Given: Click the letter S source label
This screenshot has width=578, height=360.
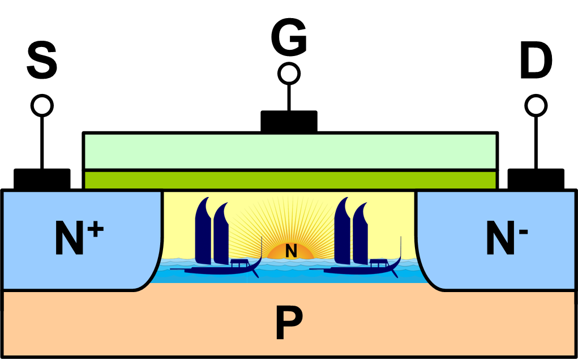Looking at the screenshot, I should pyautogui.click(x=42, y=63).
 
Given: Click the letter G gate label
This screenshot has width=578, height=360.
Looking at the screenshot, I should pyautogui.click(x=289, y=38).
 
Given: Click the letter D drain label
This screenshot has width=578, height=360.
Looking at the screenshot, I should pyautogui.click(x=536, y=63).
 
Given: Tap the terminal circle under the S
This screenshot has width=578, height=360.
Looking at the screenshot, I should pyautogui.click(x=42, y=105).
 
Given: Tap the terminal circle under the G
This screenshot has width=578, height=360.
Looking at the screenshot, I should pyautogui.click(x=289, y=74).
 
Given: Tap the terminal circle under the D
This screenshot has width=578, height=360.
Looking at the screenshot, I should pyautogui.click(x=536, y=105).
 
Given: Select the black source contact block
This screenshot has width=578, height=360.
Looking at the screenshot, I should pyautogui.click(x=42, y=179).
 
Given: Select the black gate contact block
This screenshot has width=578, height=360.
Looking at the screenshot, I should pyautogui.click(x=289, y=121).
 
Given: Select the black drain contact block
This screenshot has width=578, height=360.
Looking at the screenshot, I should pyautogui.click(x=536, y=179).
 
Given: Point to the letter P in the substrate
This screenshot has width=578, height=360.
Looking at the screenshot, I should pyautogui.click(x=289, y=323).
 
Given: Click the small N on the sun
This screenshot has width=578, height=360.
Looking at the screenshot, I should pyautogui.click(x=291, y=251).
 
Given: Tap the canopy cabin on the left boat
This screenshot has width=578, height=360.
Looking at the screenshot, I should pyautogui.click(x=239, y=262).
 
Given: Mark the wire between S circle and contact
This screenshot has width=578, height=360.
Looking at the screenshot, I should pyautogui.click(x=42, y=142).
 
